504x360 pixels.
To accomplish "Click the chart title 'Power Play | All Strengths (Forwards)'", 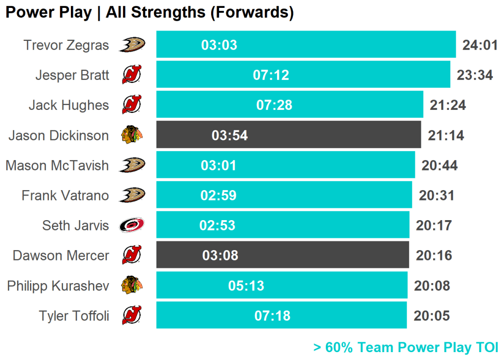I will [149, 13].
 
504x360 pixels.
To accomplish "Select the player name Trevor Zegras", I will [66, 45].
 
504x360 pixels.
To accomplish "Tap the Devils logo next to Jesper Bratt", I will [131, 75].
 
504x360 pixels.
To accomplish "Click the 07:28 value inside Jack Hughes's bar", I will [274, 105].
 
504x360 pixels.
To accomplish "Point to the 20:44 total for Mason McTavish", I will [440, 165].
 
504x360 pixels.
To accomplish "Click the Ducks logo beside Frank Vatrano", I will [132, 195].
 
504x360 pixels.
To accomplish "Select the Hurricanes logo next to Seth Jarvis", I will [132, 226].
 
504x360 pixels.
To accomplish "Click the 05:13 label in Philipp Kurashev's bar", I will [246, 286].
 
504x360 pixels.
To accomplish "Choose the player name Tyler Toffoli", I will [74, 316].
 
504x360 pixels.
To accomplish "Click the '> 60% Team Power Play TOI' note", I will [406, 347].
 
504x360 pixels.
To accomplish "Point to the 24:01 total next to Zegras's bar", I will [480, 45].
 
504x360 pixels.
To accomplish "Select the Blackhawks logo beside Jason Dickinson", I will [132, 135].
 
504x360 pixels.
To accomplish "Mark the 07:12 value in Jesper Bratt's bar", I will [271, 75].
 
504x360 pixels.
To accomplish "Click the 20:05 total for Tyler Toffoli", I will [432, 316].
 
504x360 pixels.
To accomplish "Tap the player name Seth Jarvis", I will [75, 226].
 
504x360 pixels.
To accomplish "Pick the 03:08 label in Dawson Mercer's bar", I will [220, 255].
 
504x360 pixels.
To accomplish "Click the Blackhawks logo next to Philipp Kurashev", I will [132, 285].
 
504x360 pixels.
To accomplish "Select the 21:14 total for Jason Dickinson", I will [446, 135].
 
